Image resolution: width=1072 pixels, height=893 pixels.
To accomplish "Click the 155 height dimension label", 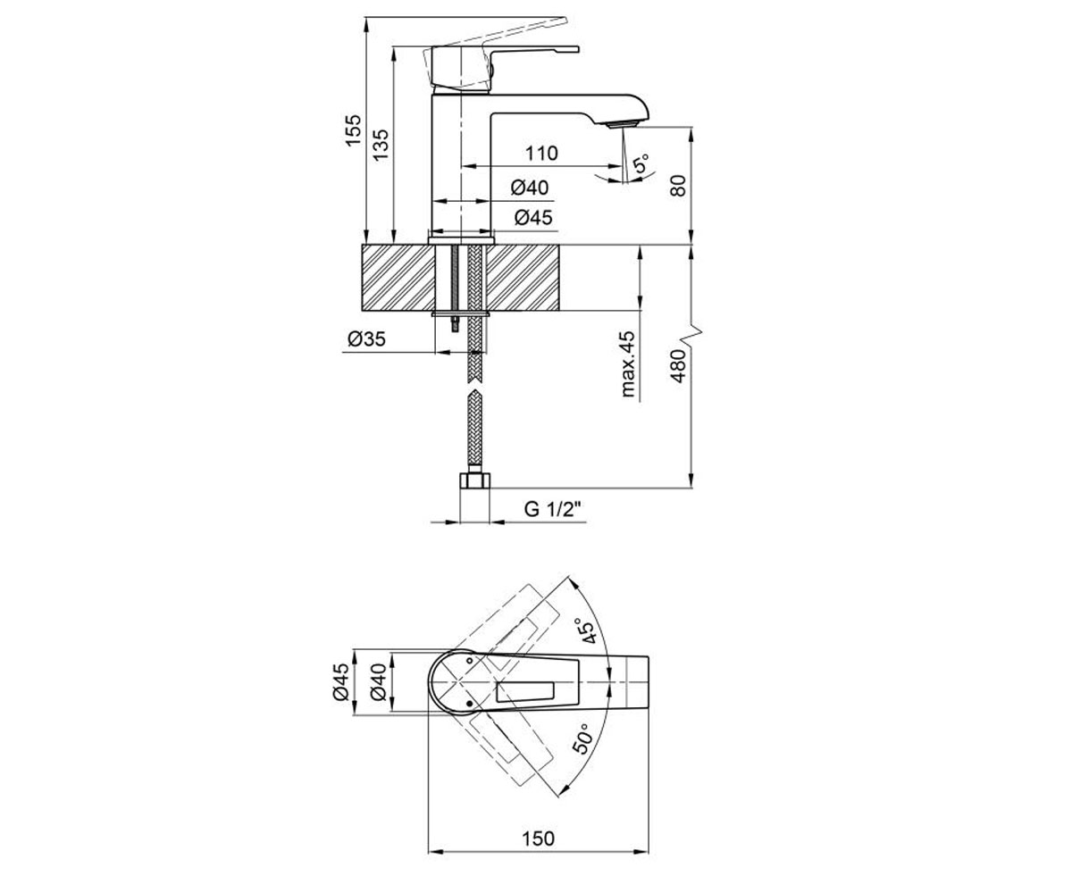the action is click(x=353, y=130).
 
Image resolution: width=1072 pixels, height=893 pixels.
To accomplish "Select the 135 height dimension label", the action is click(x=381, y=145).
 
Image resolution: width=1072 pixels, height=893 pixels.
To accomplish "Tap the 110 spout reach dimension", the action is click(x=541, y=153).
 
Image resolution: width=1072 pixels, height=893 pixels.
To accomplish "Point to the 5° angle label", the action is click(x=641, y=163).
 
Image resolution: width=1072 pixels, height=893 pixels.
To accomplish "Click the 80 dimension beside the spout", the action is click(x=678, y=186).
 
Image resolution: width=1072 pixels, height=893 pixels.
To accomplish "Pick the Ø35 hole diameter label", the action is click(x=366, y=338).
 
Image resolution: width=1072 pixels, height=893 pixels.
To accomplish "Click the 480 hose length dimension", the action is click(x=678, y=366).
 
